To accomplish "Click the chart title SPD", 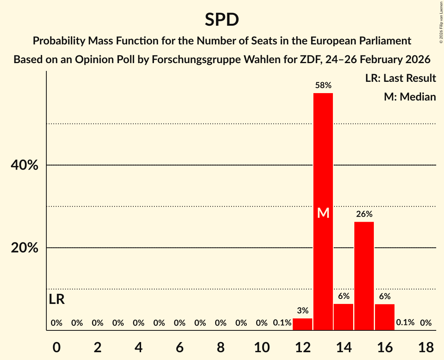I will (222, 20).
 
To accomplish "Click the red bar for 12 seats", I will (302, 324).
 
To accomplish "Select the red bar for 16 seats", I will (385, 317).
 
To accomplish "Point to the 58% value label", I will (323, 85).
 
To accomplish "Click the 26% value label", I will (364, 214).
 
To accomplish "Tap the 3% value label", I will (302, 311).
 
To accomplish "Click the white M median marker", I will (323, 213).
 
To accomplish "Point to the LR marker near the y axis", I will (57, 300).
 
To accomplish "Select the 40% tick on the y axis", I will (24, 165).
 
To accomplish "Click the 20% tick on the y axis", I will (24, 248).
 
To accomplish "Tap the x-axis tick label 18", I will (426, 347).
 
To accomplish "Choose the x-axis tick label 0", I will (57, 347).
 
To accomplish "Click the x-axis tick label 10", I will (262, 347).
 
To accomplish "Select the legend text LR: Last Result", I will (400, 78).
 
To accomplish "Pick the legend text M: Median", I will (410, 97).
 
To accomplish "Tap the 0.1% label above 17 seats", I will (405, 323).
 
